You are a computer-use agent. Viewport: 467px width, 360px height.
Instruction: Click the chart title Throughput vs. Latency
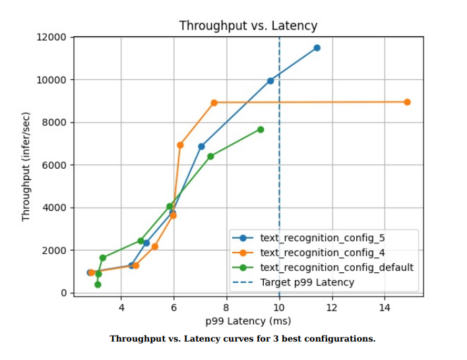(x=248, y=26)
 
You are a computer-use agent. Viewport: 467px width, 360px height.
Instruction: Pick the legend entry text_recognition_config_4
(x=323, y=253)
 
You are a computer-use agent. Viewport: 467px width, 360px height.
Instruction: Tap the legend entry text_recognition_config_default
(x=336, y=267)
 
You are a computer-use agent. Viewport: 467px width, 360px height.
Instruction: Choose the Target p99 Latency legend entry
(x=307, y=282)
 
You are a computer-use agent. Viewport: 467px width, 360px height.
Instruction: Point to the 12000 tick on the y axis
(x=51, y=37)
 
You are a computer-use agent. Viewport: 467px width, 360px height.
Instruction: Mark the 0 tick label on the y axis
(x=63, y=293)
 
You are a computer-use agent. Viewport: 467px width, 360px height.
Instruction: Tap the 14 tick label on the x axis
(x=384, y=307)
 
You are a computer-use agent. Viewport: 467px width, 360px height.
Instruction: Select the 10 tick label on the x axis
(x=279, y=307)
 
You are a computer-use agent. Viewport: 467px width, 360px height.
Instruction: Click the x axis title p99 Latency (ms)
(x=247, y=321)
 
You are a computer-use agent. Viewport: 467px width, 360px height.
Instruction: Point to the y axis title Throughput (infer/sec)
(x=26, y=165)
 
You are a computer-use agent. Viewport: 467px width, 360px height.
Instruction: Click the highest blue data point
(x=317, y=48)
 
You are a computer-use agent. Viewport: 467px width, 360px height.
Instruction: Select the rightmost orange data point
(x=407, y=102)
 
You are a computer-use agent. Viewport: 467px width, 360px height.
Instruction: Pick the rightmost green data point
(x=261, y=129)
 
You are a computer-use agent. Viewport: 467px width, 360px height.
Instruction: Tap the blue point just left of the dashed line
(x=270, y=80)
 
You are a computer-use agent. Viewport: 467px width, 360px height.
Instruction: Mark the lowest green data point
(x=98, y=284)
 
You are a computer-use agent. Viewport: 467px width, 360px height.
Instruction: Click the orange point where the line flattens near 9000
(x=214, y=103)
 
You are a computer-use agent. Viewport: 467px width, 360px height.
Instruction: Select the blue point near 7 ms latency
(x=201, y=146)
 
